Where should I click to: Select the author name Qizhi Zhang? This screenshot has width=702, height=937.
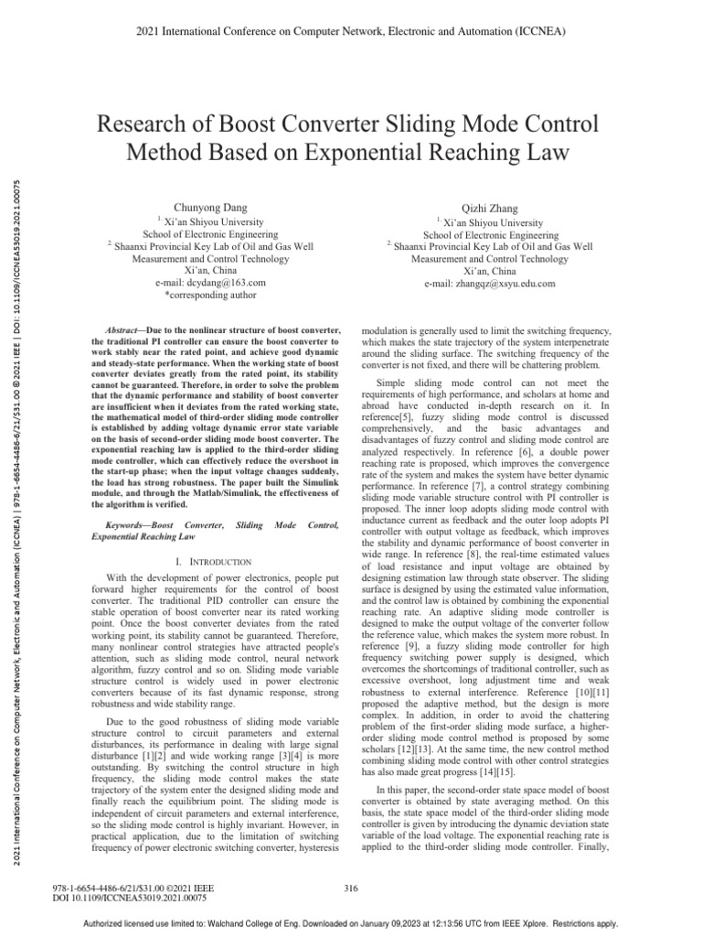point(492,209)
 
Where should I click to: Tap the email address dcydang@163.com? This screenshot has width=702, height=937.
point(211,285)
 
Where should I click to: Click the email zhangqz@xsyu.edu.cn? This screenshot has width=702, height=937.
point(492,285)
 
